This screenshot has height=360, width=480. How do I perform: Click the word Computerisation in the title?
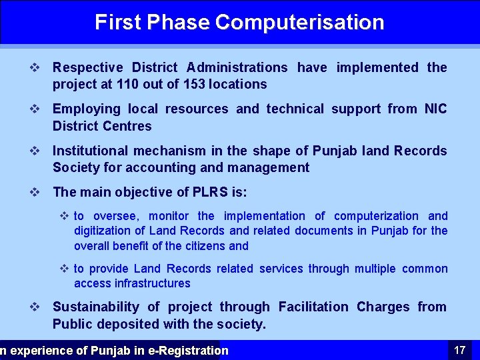click(x=299, y=22)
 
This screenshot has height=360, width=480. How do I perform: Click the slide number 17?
click(x=459, y=350)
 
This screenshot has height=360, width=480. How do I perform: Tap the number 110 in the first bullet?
click(x=128, y=84)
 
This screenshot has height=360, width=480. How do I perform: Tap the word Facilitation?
click(x=313, y=307)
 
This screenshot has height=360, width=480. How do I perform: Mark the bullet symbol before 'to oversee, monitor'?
click(x=65, y=216)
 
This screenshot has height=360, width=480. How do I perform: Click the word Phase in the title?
click(x=179, y=22)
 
